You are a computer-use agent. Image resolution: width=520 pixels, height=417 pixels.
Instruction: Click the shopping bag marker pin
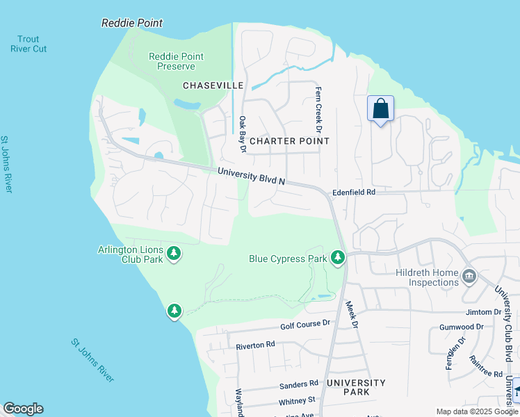click(380, 109)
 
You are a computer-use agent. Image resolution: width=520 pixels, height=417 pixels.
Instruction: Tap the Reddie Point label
click(132, 23)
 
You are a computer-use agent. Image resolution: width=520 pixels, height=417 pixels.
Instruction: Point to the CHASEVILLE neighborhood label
click(213, 85)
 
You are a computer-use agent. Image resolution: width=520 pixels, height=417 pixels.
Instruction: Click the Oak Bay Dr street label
click(243, 133)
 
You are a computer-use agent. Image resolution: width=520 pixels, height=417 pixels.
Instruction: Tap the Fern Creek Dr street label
click(318, 110)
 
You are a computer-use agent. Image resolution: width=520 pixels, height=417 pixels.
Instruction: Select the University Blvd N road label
click(252, 176)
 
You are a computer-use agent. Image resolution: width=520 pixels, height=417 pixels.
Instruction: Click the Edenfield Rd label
click(353, 191)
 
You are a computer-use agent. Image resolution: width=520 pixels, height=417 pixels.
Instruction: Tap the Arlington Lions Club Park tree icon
click(174, 254)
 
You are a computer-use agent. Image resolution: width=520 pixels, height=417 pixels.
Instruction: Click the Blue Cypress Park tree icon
click(338, 259)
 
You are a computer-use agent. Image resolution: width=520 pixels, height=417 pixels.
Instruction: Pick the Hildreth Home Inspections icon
click(469, 277)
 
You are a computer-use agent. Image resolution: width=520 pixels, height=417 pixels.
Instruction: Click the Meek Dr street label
click(354, 314)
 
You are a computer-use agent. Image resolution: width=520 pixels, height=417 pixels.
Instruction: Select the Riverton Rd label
click(255, 345)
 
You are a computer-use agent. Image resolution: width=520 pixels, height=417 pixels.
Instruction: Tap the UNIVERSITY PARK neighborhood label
click(355, 387)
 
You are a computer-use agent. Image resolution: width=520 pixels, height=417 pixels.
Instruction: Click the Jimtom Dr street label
click(484, 312)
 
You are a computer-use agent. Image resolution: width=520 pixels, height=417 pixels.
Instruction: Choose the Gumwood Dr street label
click(462, 327)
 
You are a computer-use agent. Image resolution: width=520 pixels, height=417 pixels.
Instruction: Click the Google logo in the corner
click(23, 409)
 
